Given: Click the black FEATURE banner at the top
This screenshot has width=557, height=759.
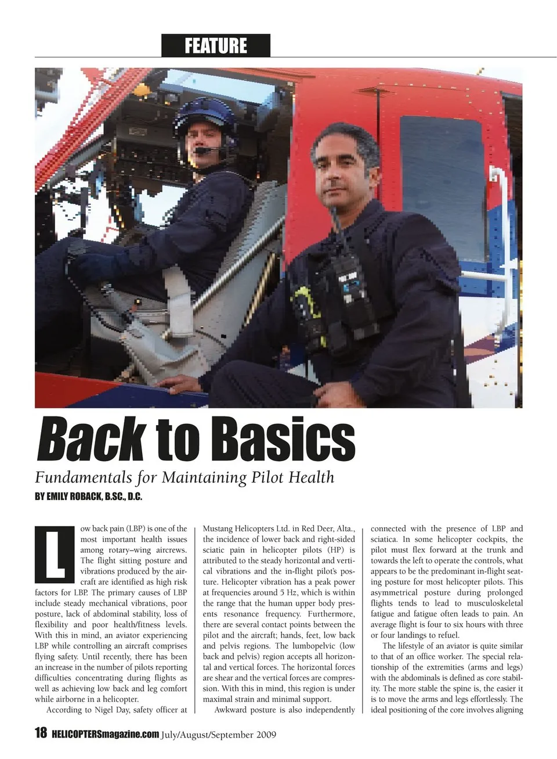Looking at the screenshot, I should pos(215,45).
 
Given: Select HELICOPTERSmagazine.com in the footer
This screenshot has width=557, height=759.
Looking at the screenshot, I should pos(104,734).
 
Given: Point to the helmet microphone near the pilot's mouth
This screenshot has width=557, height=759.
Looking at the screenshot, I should pos(202,150).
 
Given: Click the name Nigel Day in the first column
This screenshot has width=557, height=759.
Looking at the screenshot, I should pos(111,710).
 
